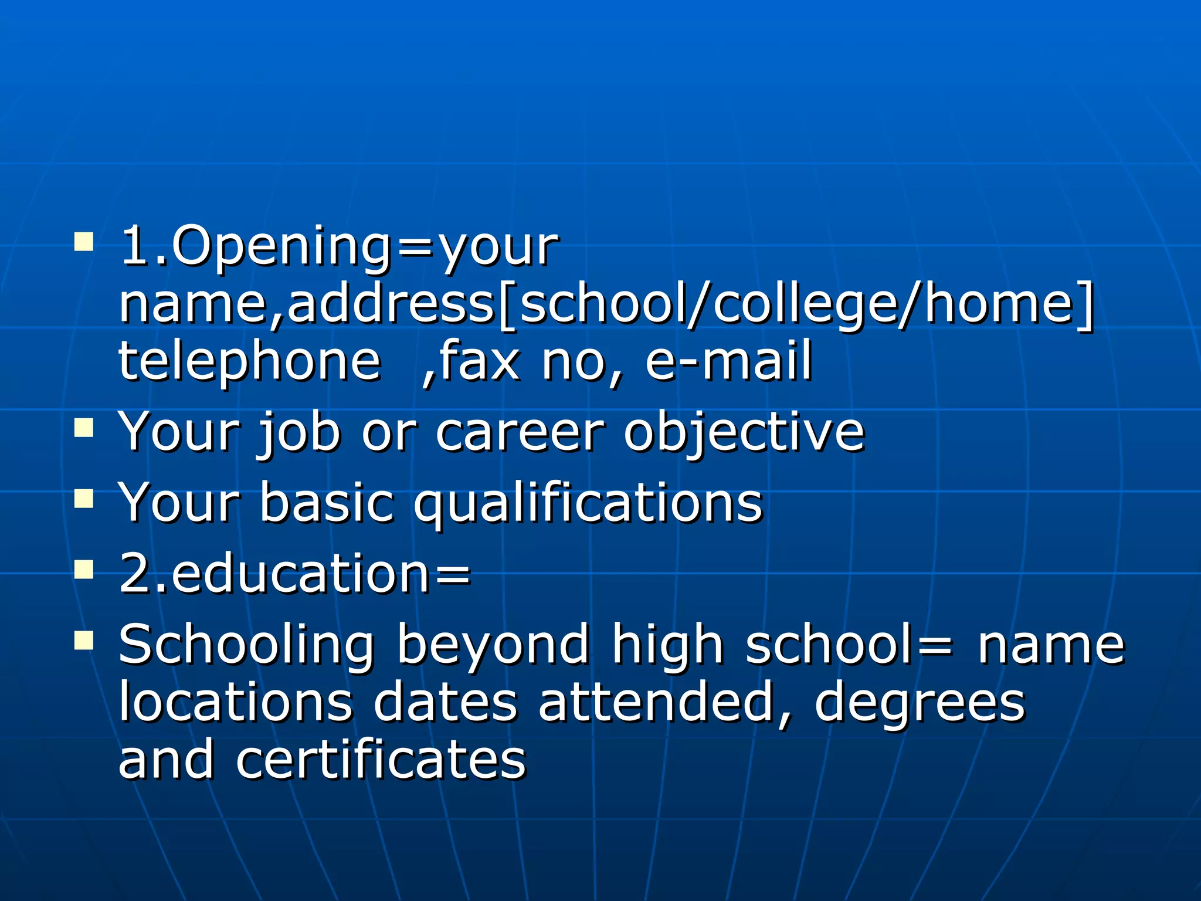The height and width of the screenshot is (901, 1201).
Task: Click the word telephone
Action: [x=250, y=360]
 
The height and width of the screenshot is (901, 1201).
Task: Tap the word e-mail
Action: [x=728, y=360]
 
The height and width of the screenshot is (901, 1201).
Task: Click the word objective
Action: [x=744, y=433]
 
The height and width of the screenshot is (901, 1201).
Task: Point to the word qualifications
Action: [x=588, y=503]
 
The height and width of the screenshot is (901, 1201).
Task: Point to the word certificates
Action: [x=381, y=759]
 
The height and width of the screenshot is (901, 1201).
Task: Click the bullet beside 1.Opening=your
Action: [x=84, y=242]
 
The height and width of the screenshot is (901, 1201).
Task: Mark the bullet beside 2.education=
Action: [x=84, y=570]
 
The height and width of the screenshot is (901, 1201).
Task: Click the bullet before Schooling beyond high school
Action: [x=84, y=641]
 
